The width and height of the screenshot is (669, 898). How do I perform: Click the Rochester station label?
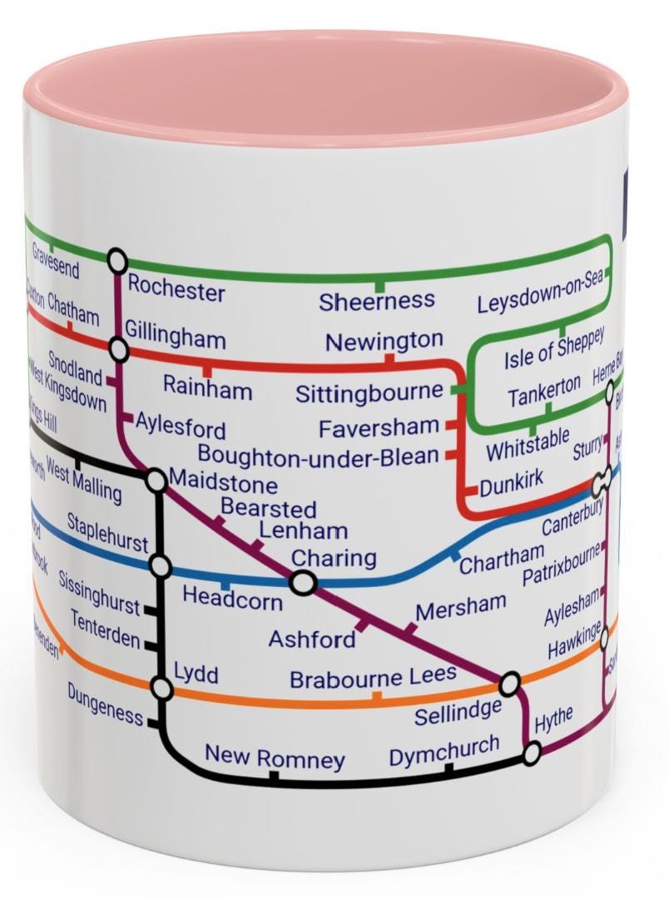(176, 290)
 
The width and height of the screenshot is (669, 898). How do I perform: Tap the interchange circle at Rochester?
(117, 260)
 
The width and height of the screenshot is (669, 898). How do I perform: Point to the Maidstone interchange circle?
(156, 480)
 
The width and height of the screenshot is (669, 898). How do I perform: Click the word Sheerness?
(377, 301)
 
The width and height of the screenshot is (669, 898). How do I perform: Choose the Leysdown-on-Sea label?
(539, 292)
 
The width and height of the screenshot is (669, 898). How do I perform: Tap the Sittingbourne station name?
(369, 392)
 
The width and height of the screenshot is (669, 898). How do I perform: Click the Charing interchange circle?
(304, 583)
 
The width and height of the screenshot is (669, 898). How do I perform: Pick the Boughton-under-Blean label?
(318, 456)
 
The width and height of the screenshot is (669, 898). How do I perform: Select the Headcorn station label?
(232, 598)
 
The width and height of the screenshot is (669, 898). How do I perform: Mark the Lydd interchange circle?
(161, 688)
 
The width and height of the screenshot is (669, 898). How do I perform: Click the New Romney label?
(275, 757)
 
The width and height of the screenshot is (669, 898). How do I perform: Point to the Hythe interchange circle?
(532, 753)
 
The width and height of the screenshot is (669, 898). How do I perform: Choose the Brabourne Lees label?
(373, 678)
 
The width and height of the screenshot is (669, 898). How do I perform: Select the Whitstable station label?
(528, 443)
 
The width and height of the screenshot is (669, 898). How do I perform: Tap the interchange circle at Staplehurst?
(161, 567)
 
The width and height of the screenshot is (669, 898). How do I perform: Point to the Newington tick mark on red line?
(389, 359)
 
